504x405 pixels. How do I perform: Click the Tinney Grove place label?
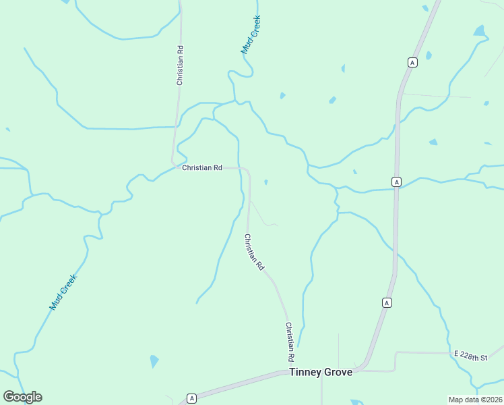(x=320, y=372)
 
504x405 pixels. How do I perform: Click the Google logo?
(x=22, y=397)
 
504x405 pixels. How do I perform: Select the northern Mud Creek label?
(x=251, y=35)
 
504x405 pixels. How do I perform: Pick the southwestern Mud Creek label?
(x=63, y=292)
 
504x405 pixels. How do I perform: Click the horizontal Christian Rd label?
(x=201, y=167)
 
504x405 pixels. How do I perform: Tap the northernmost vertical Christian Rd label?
(x=180, y=65)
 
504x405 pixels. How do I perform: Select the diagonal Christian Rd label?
(x=254, y=252)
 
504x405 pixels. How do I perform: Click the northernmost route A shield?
(x=413, y=62)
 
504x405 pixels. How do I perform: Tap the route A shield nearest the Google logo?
(x=191, y=398)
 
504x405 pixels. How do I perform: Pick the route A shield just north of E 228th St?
(x=387, y=302)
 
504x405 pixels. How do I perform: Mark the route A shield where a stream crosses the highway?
(x=397, y=182)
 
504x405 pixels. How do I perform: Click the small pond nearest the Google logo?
(x=154, y=361)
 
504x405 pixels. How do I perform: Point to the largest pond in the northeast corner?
(x=479, y=30)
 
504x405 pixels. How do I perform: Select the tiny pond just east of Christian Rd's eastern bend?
(x=266, y=182)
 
